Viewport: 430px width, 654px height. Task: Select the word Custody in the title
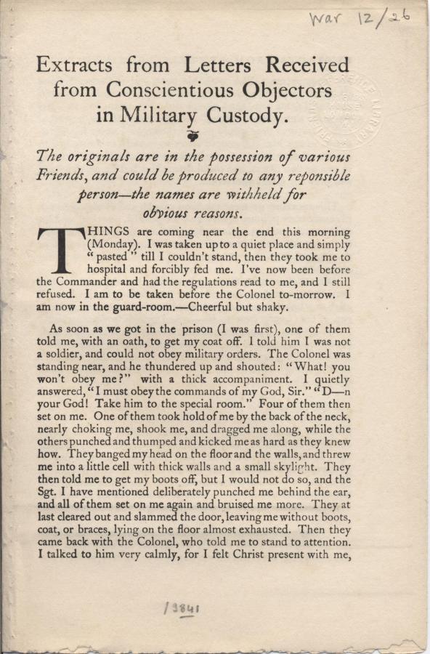pyautogui.click(x=244, y=115)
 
